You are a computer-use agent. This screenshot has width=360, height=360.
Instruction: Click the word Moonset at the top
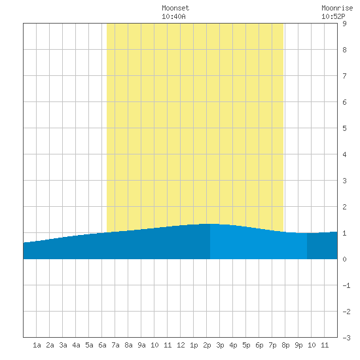(175, 8)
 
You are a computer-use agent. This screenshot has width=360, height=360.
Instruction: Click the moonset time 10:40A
(173, 16)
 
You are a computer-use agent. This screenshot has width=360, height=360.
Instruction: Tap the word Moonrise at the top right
(337, 8)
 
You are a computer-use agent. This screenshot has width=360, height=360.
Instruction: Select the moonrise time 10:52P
(333, 16)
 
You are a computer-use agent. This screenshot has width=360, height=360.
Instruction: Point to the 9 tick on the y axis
(344, 24)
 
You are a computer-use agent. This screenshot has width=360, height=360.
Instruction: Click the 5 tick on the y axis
(344, 128)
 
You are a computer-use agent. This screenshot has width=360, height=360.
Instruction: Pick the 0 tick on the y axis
(344, 259)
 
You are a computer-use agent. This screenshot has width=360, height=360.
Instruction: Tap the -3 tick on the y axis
(346, 338)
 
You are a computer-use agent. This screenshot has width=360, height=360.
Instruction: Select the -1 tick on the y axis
(346, 285)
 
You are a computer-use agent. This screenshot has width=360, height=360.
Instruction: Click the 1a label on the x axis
(37, 345)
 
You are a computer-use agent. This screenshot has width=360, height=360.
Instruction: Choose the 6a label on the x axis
(102, 345)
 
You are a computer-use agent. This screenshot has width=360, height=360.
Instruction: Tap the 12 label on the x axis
(181, 345)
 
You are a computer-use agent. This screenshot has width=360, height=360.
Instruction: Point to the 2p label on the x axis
(207, 345)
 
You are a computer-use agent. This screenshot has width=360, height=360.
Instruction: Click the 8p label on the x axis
(285, 345)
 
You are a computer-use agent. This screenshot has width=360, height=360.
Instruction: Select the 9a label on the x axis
(141, 345)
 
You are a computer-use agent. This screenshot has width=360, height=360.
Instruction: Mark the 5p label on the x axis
(246, 345)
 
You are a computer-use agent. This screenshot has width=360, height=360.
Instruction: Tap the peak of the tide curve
(210, 224)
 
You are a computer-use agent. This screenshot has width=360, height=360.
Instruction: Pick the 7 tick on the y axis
(344, 76)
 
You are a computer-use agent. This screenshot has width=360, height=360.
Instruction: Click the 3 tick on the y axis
(344, 181)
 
